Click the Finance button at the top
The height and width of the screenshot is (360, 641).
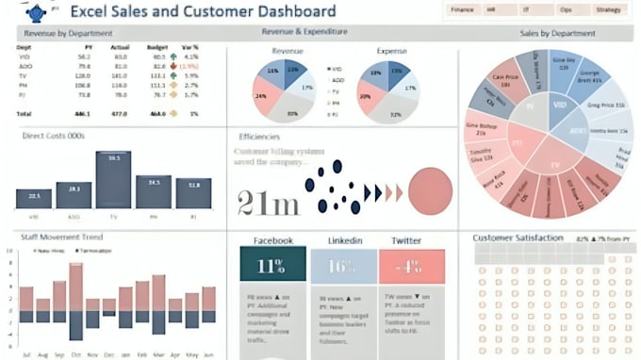[462, 9]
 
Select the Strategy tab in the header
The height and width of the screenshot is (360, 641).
[608, 9]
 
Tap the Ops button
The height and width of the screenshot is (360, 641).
[566, 9]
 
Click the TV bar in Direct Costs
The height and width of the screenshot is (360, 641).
[113, 179]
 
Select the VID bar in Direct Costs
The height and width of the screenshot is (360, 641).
[33, 198]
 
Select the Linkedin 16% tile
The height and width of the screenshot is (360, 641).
[340, 266]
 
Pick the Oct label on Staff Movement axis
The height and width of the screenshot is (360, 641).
[74, 353]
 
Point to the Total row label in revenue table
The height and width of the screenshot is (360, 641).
[25, 112]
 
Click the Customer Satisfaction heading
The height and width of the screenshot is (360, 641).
[518, 237]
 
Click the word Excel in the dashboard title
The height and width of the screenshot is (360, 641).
[93, 12]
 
